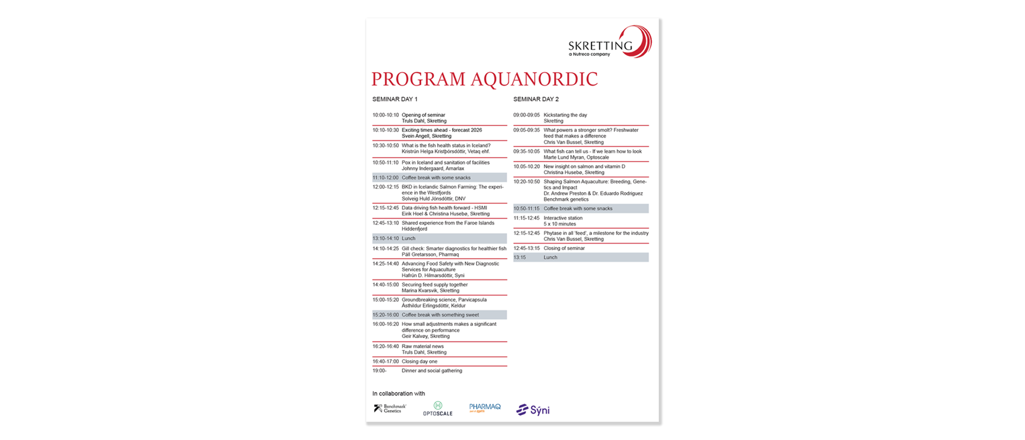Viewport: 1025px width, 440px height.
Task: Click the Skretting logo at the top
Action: tap(609, 42)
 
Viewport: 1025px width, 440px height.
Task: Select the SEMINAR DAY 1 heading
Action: tap(395, 100)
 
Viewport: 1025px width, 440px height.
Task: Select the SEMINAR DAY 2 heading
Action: tap(536, 100)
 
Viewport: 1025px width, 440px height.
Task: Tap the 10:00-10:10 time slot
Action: tap(385, 115)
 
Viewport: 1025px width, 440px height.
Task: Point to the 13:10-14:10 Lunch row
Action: tap(439, 238)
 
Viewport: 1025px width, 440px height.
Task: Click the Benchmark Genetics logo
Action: tap(390, 408)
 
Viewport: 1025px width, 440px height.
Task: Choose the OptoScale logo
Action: tap(438, 409)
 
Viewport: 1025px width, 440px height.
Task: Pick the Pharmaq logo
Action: tap(485, 408)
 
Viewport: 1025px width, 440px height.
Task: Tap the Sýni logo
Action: tap(532, 410)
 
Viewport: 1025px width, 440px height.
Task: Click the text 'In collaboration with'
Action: tap(398, 394)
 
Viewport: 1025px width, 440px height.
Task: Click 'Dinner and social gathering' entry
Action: tap(432, 371)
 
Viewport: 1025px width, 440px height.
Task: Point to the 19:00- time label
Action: tap(380, 371)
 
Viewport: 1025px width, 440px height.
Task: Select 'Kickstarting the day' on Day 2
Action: tap(565, 115)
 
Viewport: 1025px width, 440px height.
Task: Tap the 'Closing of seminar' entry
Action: tap(564, 248)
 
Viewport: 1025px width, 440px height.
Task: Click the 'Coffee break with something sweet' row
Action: tap(440, 315)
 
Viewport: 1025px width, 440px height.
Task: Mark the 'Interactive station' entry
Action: tap(563, 218)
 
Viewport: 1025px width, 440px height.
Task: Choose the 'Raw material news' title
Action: tap(422, 346)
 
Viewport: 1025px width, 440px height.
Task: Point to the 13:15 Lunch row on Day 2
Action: tap(580, 257)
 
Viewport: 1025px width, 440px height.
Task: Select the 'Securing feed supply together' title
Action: tap(435, 285)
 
